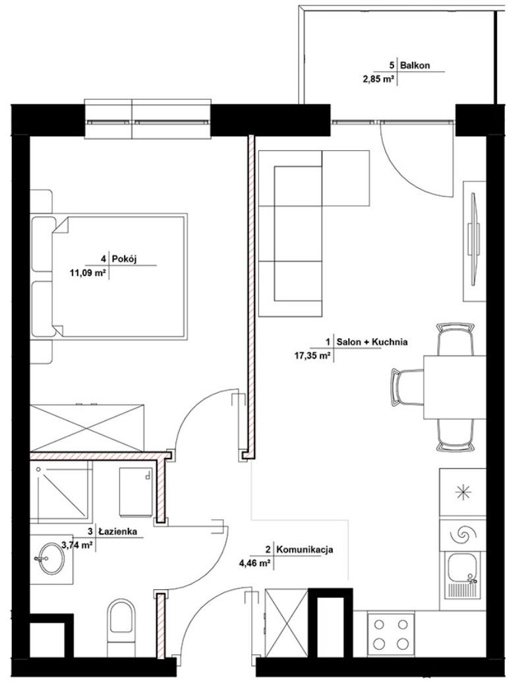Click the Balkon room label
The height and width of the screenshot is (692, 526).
(x=415, y=66)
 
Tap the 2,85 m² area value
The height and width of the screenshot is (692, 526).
(x=378, y=80)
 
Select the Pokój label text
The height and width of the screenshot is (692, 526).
(x=125, y=259)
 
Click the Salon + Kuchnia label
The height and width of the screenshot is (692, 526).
(x=372, y=341)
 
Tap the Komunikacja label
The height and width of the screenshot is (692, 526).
(x=305, y=550)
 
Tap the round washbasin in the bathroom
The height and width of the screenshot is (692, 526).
(x=51, y=559)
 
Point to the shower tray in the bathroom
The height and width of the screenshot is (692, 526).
(x=62, y=492)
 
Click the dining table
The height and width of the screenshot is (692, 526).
(x=455, y=387)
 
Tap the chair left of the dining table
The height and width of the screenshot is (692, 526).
(x=407, y=387)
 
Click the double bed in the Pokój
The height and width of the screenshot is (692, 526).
(x=109, y=277)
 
